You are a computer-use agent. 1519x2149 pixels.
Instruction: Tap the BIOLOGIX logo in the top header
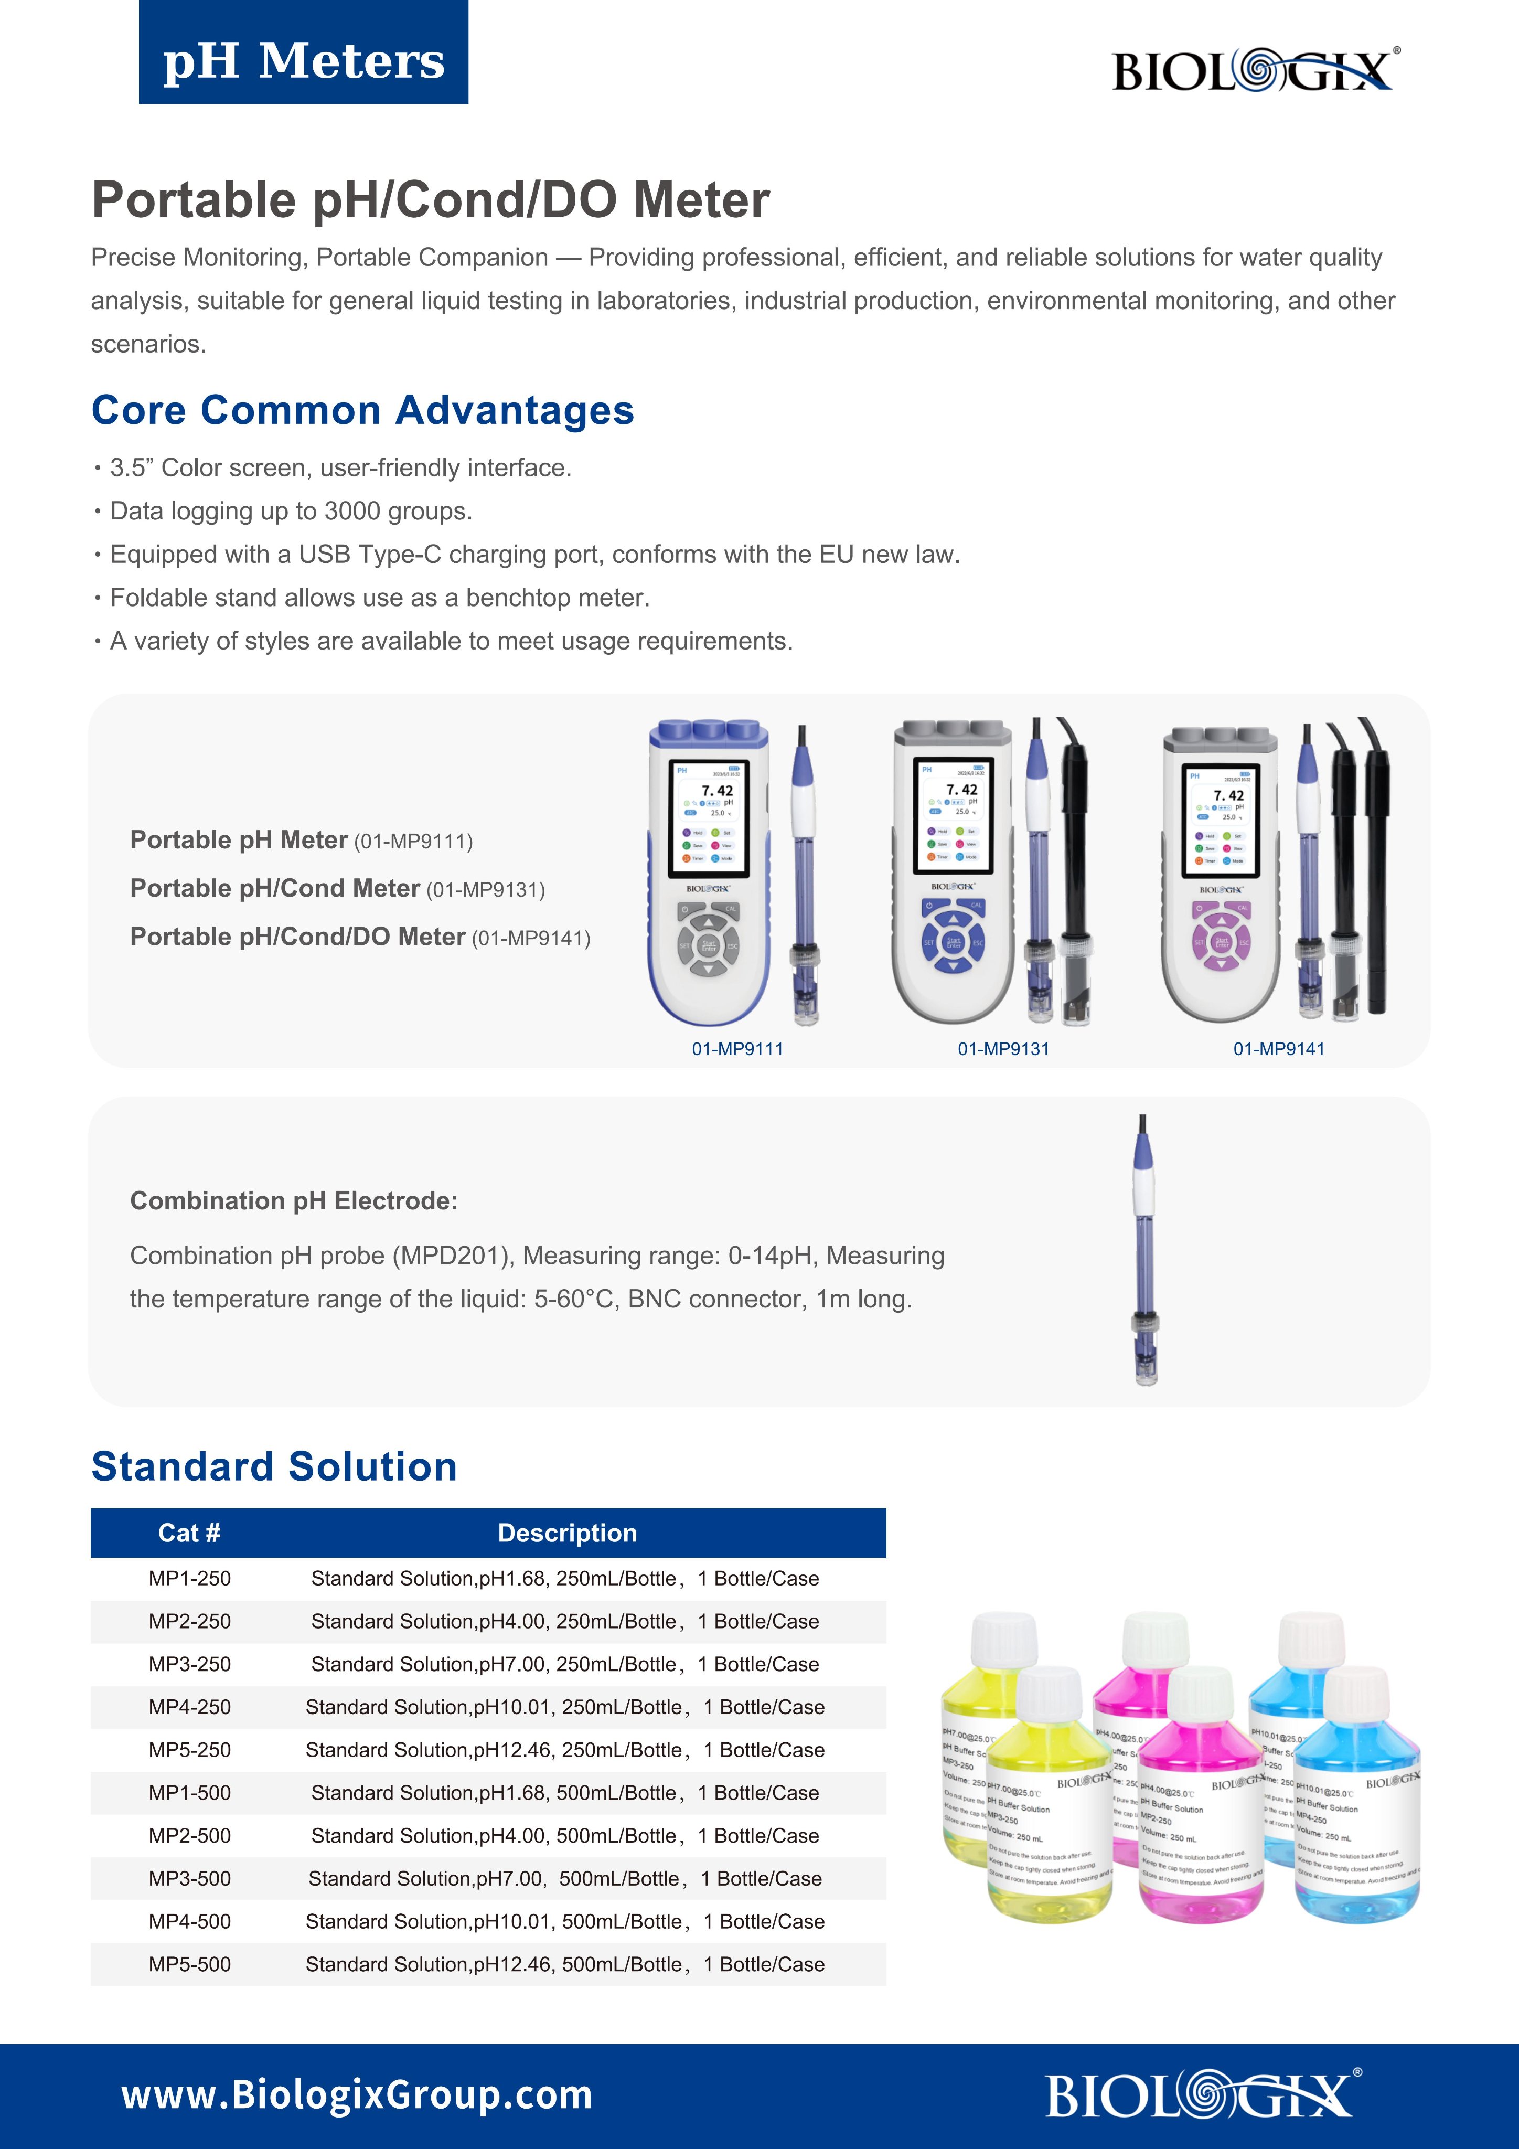tap(1254, 70)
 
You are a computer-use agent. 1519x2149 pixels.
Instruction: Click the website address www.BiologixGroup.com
tap(357, 2094)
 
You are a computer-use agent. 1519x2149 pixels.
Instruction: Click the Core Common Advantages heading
tap(363, 410)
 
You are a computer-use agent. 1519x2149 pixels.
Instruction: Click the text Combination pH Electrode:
tap(294, 1201)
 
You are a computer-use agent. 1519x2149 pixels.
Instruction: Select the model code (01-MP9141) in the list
tap(531, 939)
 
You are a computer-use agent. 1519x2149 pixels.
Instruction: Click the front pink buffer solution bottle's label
tap(1200, 1830)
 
